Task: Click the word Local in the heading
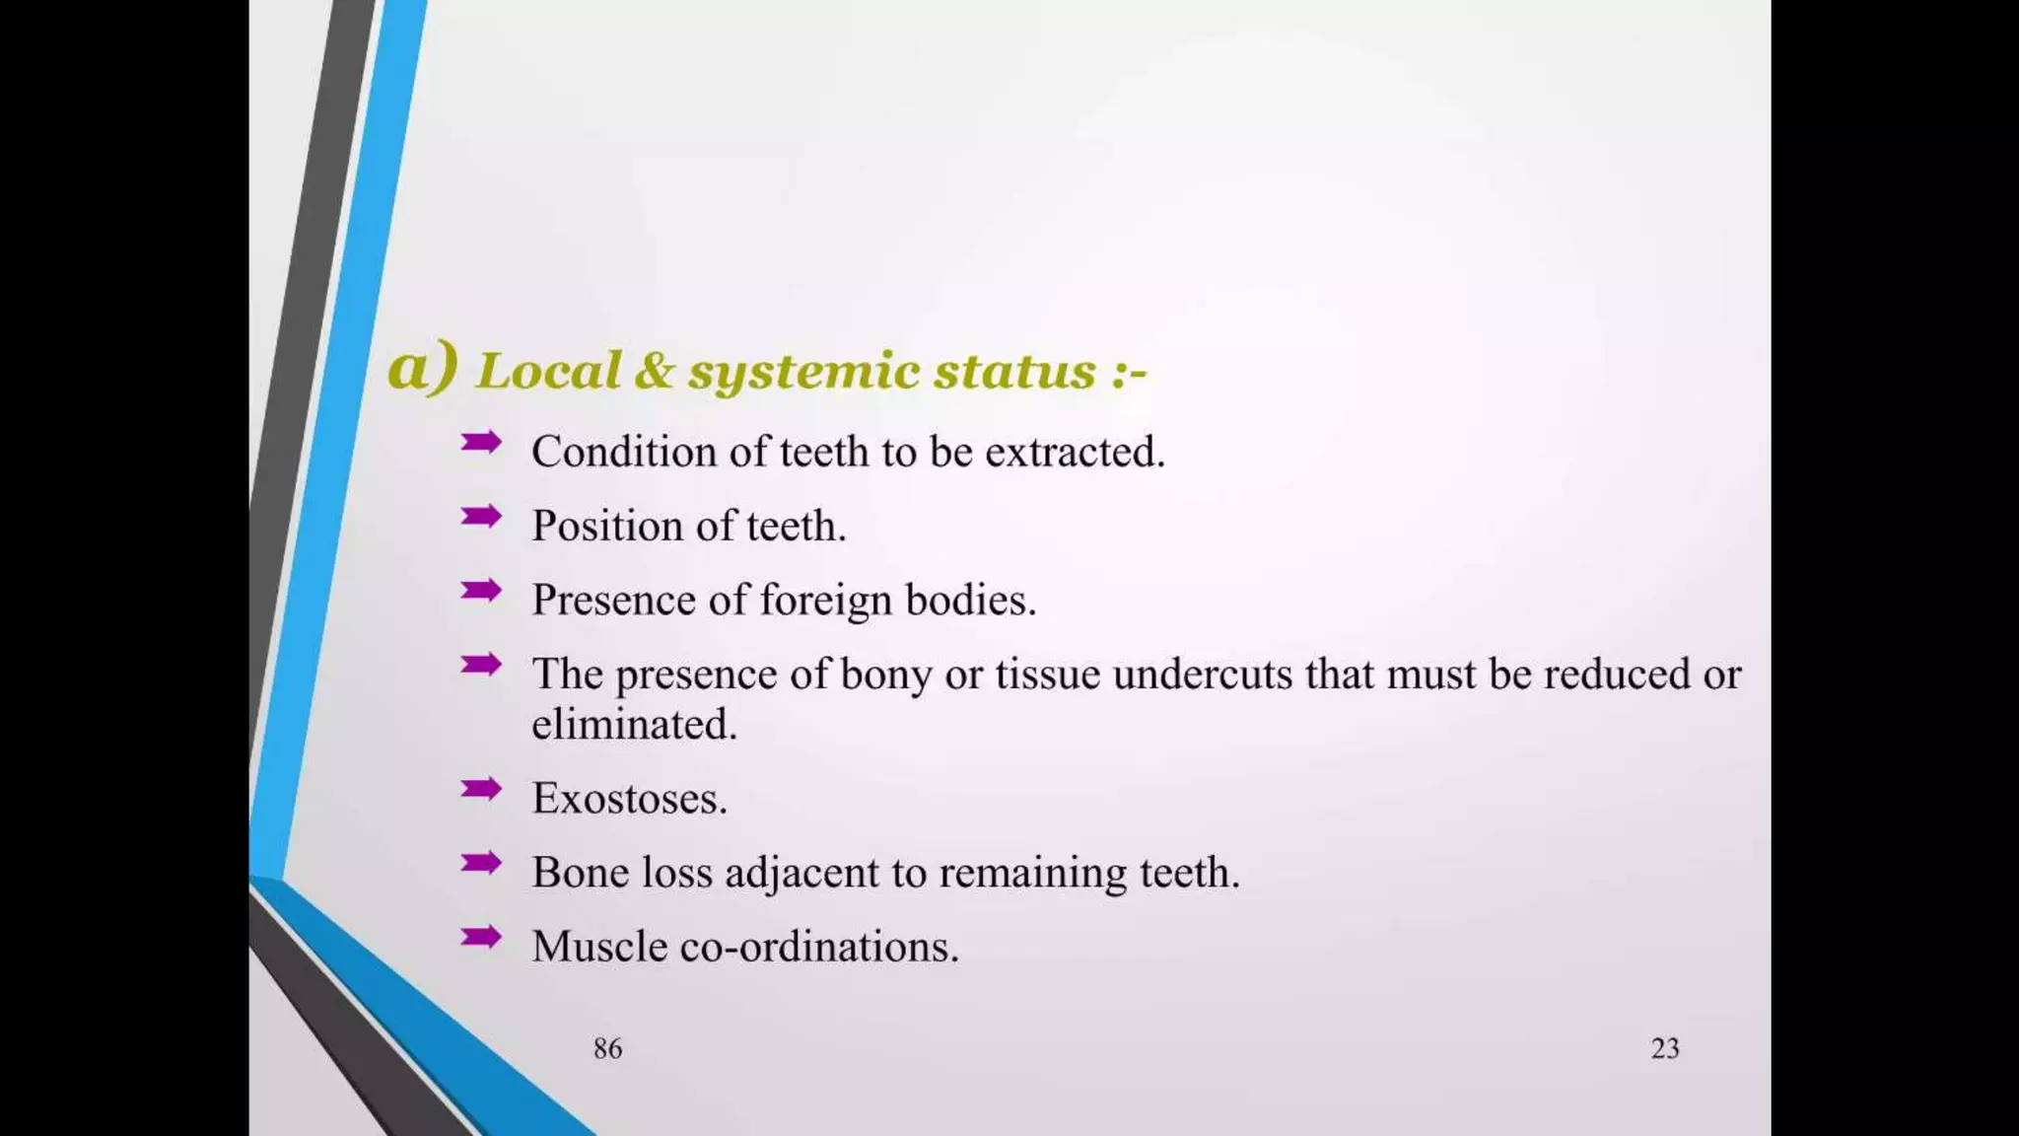point(548,372)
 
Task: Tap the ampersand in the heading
point(655,371)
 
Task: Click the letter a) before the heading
point(422,368)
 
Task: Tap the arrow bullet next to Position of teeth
point(481,516)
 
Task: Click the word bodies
point(970,600)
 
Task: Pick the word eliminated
point(634,725)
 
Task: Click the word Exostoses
point(629,799)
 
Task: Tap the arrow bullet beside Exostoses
point(481,789)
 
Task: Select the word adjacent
point(801,874)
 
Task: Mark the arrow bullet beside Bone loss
point(481,863)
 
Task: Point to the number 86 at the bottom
point(607,1048)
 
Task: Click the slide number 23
point(1665,1048)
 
